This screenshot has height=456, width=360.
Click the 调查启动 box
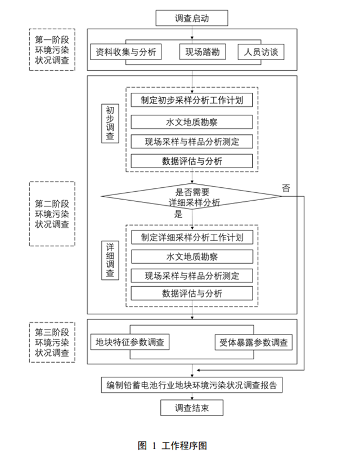[x=192, y=18]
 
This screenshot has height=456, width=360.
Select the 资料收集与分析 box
[x=126, y=52]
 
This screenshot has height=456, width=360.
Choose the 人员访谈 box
[x=260, y=52]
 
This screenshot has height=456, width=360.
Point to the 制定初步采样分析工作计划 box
[x=192, y=100]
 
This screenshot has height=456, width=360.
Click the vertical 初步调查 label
[x=110, y=124]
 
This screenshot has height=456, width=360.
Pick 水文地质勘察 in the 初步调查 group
[x=192, y=121]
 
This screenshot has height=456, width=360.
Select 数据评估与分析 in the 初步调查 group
[x=192, y=161]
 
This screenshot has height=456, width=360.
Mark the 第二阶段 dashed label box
[x=52, y=214]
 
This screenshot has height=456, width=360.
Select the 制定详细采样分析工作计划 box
[x=192, y=237]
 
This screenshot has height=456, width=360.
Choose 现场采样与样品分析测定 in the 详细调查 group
[x=192, y=276]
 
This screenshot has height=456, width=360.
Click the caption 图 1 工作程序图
[x=172, y=445]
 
